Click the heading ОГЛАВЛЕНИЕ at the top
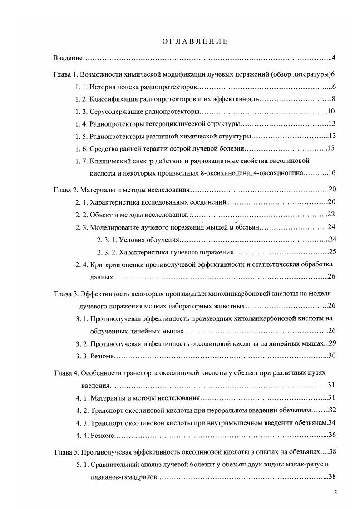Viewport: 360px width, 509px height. point(195,41)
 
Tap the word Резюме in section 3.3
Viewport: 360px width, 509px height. point(102,355)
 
